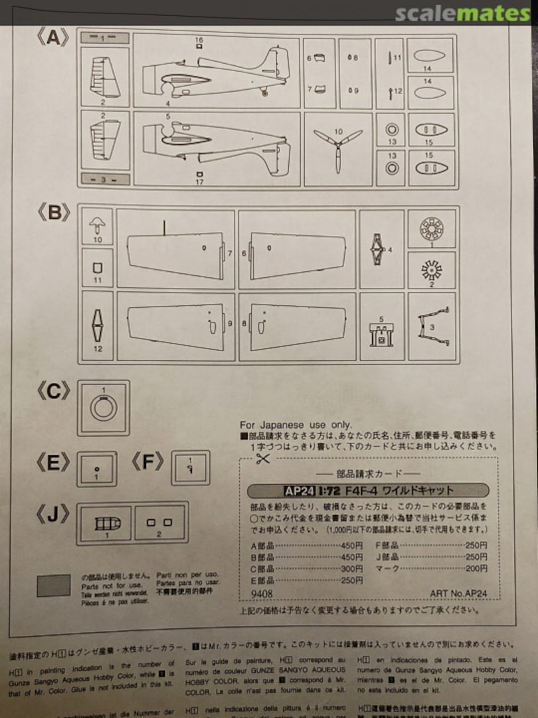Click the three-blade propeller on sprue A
[x=337, y=147]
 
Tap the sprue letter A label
[x=52, y=39]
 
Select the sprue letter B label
[x=53, y=213]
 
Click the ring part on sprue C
[x=103, y=407]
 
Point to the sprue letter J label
[x=53, y=514]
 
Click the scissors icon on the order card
[x=263, y=458]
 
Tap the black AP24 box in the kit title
[x=299, y=491]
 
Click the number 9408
[x=262, y=594]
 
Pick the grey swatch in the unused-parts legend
[x=54, y=585]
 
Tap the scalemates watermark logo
[x=462, y=13]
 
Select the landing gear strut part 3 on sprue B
[x=432, y=325]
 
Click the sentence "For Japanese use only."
[x=296, y=425]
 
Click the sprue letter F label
[x=147, y=462]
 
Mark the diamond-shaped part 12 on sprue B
[x=97, y=326]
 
